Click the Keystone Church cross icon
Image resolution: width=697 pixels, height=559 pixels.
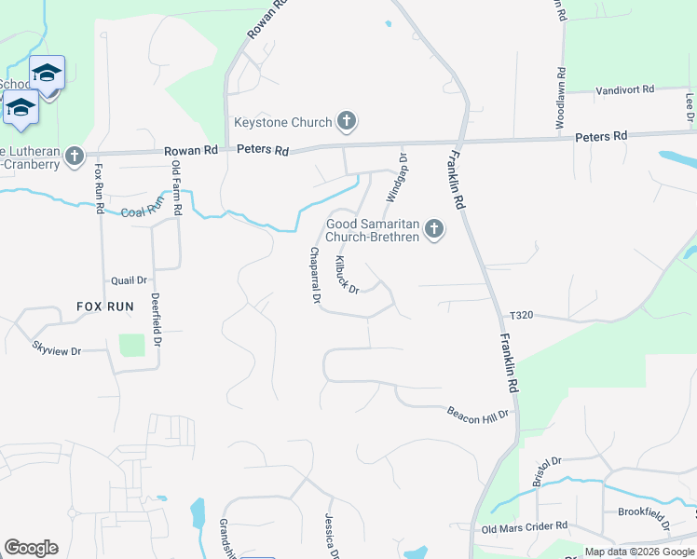(346, 121)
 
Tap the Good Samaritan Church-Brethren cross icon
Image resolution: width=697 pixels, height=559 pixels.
(433, 228)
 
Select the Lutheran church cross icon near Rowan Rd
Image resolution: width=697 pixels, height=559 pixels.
(75, 156)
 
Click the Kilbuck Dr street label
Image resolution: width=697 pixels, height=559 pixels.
(347, 276)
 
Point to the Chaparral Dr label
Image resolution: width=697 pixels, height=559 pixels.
(315, 277)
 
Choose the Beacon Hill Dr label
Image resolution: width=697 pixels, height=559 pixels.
(479, 412)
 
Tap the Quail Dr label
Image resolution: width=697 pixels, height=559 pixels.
(129, 279)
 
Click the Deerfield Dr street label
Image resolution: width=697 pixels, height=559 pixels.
(156, 320)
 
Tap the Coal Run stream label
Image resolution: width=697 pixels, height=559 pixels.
(143, 208)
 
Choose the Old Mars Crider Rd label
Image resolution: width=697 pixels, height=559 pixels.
(523, 527)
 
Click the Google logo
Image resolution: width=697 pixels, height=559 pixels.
(31, 548)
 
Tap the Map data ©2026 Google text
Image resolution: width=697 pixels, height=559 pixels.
(638, 552)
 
